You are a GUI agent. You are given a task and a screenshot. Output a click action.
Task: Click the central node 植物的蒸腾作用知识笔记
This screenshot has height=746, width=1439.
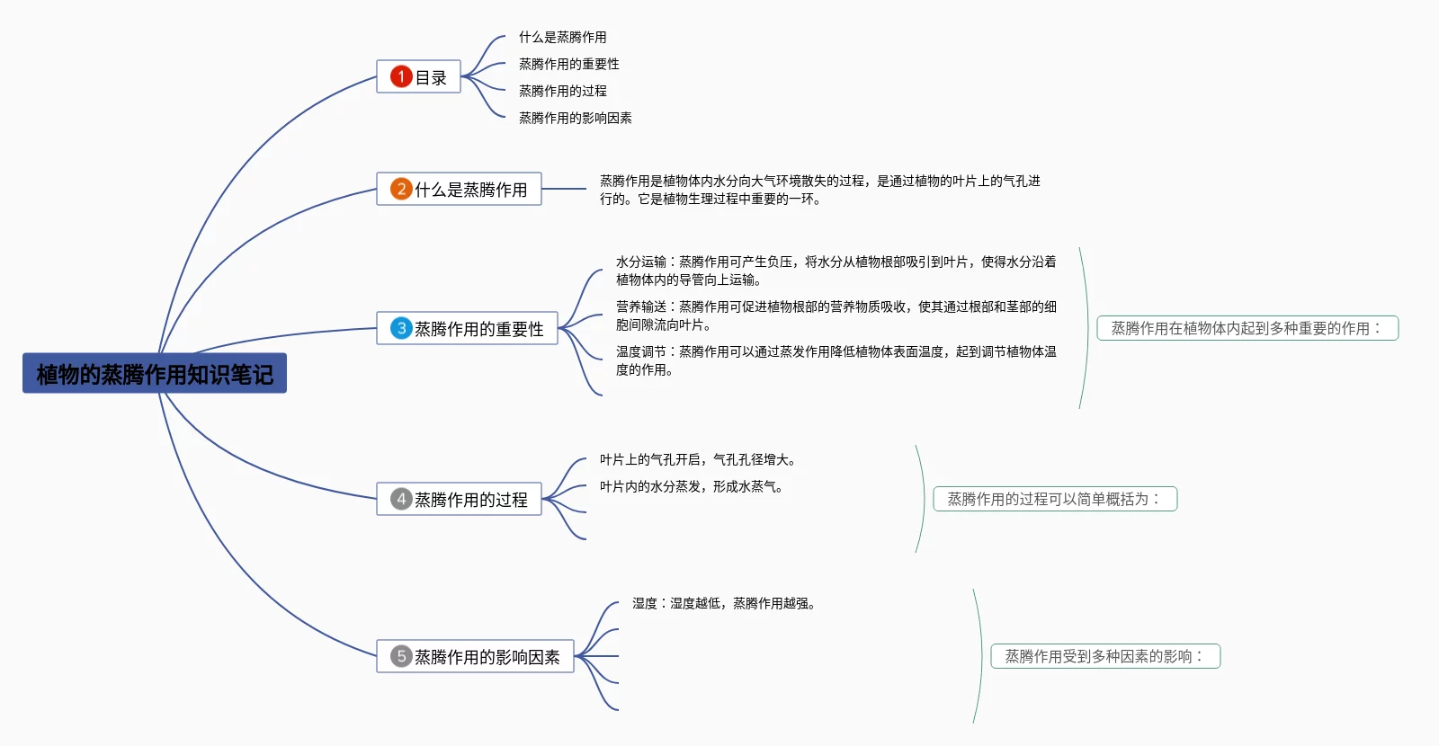155,373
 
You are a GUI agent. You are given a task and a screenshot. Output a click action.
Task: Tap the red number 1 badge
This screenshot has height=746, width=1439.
401,76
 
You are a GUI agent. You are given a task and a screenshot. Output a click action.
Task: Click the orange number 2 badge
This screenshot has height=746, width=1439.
401,189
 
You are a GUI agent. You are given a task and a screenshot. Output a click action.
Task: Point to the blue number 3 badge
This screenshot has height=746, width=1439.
401,328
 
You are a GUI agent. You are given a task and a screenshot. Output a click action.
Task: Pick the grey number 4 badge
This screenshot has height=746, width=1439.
401,499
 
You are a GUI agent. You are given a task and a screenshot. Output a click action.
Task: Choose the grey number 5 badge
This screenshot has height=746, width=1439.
401,656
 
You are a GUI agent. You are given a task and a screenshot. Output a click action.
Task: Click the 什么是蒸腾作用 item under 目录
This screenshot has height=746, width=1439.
562,37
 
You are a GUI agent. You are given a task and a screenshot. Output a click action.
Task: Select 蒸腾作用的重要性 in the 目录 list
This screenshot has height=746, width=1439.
568,64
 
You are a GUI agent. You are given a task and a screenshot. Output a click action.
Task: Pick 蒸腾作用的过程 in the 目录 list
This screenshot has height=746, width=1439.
562,91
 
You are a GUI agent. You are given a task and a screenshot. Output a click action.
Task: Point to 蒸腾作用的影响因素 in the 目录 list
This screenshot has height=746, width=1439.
575,118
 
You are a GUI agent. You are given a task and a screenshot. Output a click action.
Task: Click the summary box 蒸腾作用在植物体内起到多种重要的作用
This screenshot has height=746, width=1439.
1247,328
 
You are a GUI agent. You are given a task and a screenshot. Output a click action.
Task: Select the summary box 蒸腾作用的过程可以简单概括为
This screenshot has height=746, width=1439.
1054,499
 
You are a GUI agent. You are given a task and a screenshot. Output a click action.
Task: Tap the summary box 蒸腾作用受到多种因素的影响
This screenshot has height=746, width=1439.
1104,656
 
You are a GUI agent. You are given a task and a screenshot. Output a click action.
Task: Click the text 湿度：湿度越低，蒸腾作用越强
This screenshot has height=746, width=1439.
723,603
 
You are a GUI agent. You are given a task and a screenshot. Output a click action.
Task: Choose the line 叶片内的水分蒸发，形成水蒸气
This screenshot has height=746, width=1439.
691,486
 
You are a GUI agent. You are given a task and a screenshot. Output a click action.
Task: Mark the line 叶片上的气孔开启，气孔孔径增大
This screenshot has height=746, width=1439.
697,459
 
